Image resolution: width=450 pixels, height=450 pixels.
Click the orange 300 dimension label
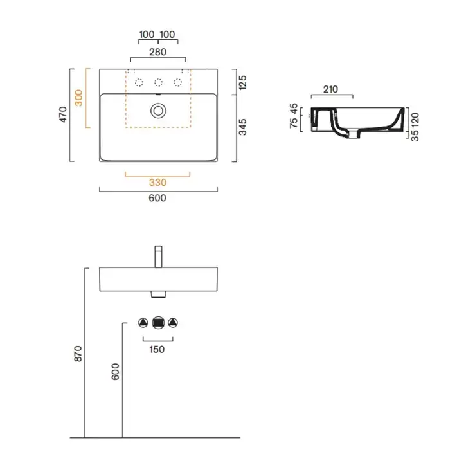click(x=78, y=98)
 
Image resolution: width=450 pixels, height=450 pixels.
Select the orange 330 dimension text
click(x=157, y=183)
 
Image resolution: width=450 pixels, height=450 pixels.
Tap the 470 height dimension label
click(x=63, y=114)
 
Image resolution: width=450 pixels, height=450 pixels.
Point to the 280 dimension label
click(x=157, y=52)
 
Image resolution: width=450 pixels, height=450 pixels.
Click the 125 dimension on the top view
click(x=242, y=83)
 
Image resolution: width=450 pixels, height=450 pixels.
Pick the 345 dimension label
click(x=242, y=127)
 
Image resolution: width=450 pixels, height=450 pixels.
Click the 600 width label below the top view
click(x=157, y=198)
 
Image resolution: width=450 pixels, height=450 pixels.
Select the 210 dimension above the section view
click(x=330, y=89)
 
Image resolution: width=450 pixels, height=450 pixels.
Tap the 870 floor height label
click(x=78, y=354)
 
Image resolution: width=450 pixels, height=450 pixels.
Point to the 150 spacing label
click(x=157, y=349)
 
